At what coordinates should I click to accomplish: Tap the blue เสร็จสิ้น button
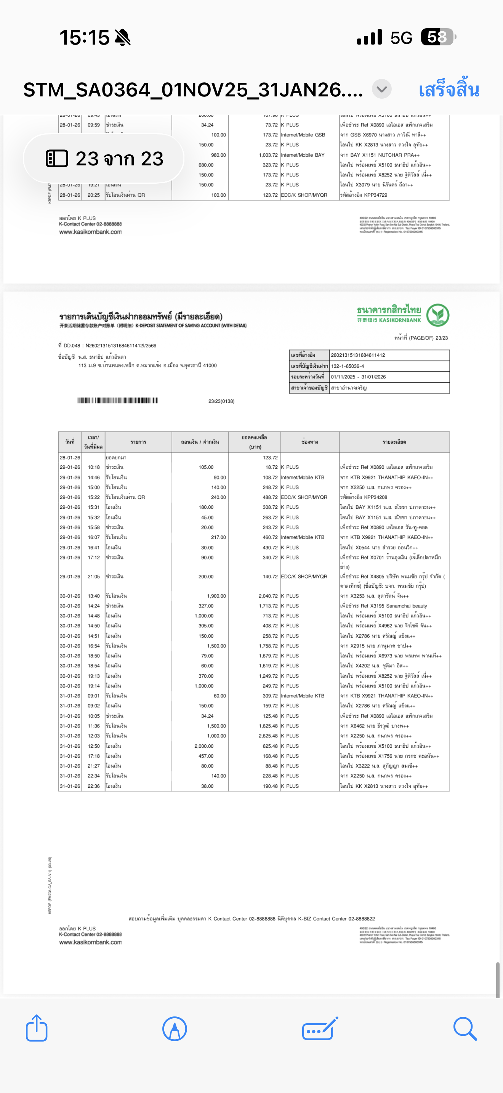pos(449,90)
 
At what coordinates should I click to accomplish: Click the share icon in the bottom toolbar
pos(37,1028)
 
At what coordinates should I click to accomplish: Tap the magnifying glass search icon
pos(465,1029)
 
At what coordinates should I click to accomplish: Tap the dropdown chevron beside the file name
pos(382,90)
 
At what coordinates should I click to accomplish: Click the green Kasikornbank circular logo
pos(438,315)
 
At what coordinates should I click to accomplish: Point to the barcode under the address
pos(118,401)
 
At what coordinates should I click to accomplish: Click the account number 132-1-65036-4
pos(348,366)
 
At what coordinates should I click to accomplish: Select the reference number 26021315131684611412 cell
pos(358,355)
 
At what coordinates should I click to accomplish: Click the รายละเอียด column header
pos(394,442)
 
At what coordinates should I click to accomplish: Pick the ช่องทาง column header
pos(309,442)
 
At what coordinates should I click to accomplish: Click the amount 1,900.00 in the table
pos(216,596)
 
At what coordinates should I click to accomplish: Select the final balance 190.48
pos(270,786)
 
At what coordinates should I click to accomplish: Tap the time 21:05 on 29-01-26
pos(94,577)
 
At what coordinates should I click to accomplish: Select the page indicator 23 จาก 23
pos(104,159)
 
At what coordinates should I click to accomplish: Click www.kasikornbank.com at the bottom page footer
pos(90,942)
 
